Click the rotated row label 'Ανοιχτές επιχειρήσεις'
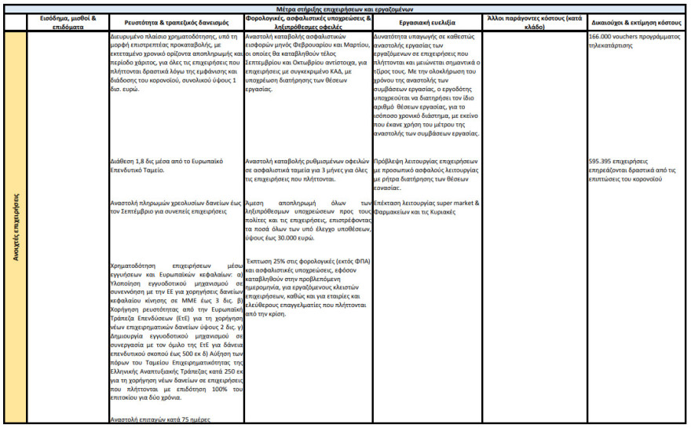click(x=15, y=228)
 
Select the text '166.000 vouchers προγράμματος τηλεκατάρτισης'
click(x=628, y=41)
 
